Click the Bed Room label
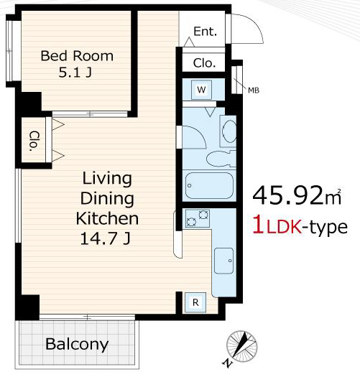pyautogui.click(x=77, y=56)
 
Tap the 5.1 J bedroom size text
pyautogui.click(x=75, y=72)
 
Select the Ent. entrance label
pyautogui.click(x=205, y=32)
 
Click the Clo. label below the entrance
pyautogui.click(x=204, y=63)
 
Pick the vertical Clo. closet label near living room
pyautogui.click(x=34, y=141)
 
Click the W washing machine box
pyautogui.click(x=201, y=90)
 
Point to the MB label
pyautogui.click(x=254, y=90)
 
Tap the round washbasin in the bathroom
pyautogui.click(x=229, y=131)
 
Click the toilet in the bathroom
pyautogui.click(x=221, y=159)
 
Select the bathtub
pyautogui.click(x=209, y=186)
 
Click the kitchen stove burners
pyautogui.click(x=197, y=218)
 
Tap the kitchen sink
pyautogui.click(x=223, y=261)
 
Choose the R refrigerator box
pyautogui.click(x=195, y=302)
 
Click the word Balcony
pyautogui.click(x=77, y=344)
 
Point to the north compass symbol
pyautogui.click(x=241, y=347)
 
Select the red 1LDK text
pyautogui.click(x=278, y=226)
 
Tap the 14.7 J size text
pyautogui.click(x=106, y=238)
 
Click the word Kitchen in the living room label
pyautogui.click(x=107, y=218)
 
